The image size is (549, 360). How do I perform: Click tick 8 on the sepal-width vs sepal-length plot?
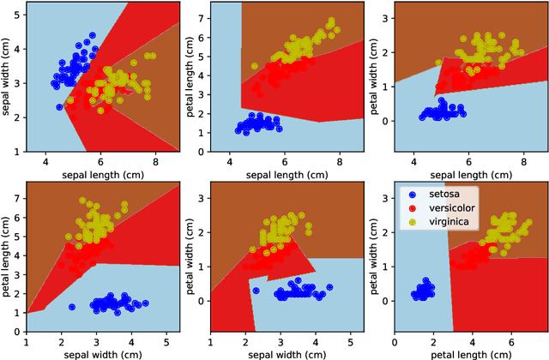pos(155,160)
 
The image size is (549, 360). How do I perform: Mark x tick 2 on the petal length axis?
pos(433,340)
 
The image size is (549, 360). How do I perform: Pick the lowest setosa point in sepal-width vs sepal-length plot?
pos(59,107)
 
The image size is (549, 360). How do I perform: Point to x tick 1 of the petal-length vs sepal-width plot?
pos(27,340)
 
